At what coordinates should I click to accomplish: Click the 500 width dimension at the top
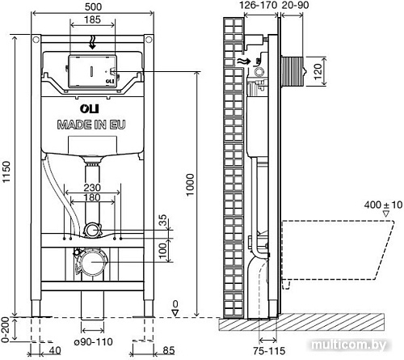tap(91, 7)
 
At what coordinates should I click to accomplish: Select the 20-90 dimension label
tap(294, 6)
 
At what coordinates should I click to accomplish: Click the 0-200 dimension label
tap(7, 328)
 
